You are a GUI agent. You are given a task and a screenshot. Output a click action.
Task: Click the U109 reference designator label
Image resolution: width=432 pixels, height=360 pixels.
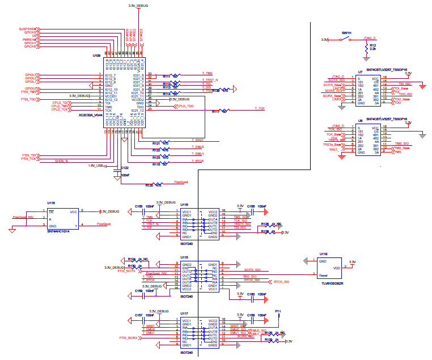pyautogui.click(x=96, y=56)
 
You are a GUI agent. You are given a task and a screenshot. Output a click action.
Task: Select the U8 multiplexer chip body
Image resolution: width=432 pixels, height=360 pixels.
pyautogui.click(x=367, y=139)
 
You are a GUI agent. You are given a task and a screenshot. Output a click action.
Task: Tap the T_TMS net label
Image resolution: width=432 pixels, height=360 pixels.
pyautogui.click(x=207, y=74)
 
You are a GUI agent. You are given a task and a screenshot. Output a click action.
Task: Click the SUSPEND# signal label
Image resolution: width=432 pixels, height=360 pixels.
pyautogui.click(x=27, y=28)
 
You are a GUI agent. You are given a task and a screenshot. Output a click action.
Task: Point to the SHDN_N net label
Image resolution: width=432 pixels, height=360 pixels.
pyautogui.click(x=61, y=161)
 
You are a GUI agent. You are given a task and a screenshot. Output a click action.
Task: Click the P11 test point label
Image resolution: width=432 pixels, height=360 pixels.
pyautogui.click(x=278, y=311)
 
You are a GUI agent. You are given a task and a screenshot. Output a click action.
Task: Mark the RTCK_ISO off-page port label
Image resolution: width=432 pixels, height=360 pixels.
pyautogui.click(x=281, y=281)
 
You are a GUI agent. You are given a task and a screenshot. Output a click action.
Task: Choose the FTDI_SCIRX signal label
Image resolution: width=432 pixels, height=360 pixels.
pyautogui.click(x=128, y=337)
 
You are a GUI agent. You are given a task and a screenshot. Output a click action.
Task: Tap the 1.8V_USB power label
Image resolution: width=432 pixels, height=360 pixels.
pyautogui.click(x=95, y=166)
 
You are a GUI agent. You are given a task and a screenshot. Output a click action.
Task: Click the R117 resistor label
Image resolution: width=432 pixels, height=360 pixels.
pyautogui.click(x=215, y=112)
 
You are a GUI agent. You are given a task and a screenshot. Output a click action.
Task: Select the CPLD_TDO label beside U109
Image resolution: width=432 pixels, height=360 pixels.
pyautogui.click(x=185, y=106)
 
